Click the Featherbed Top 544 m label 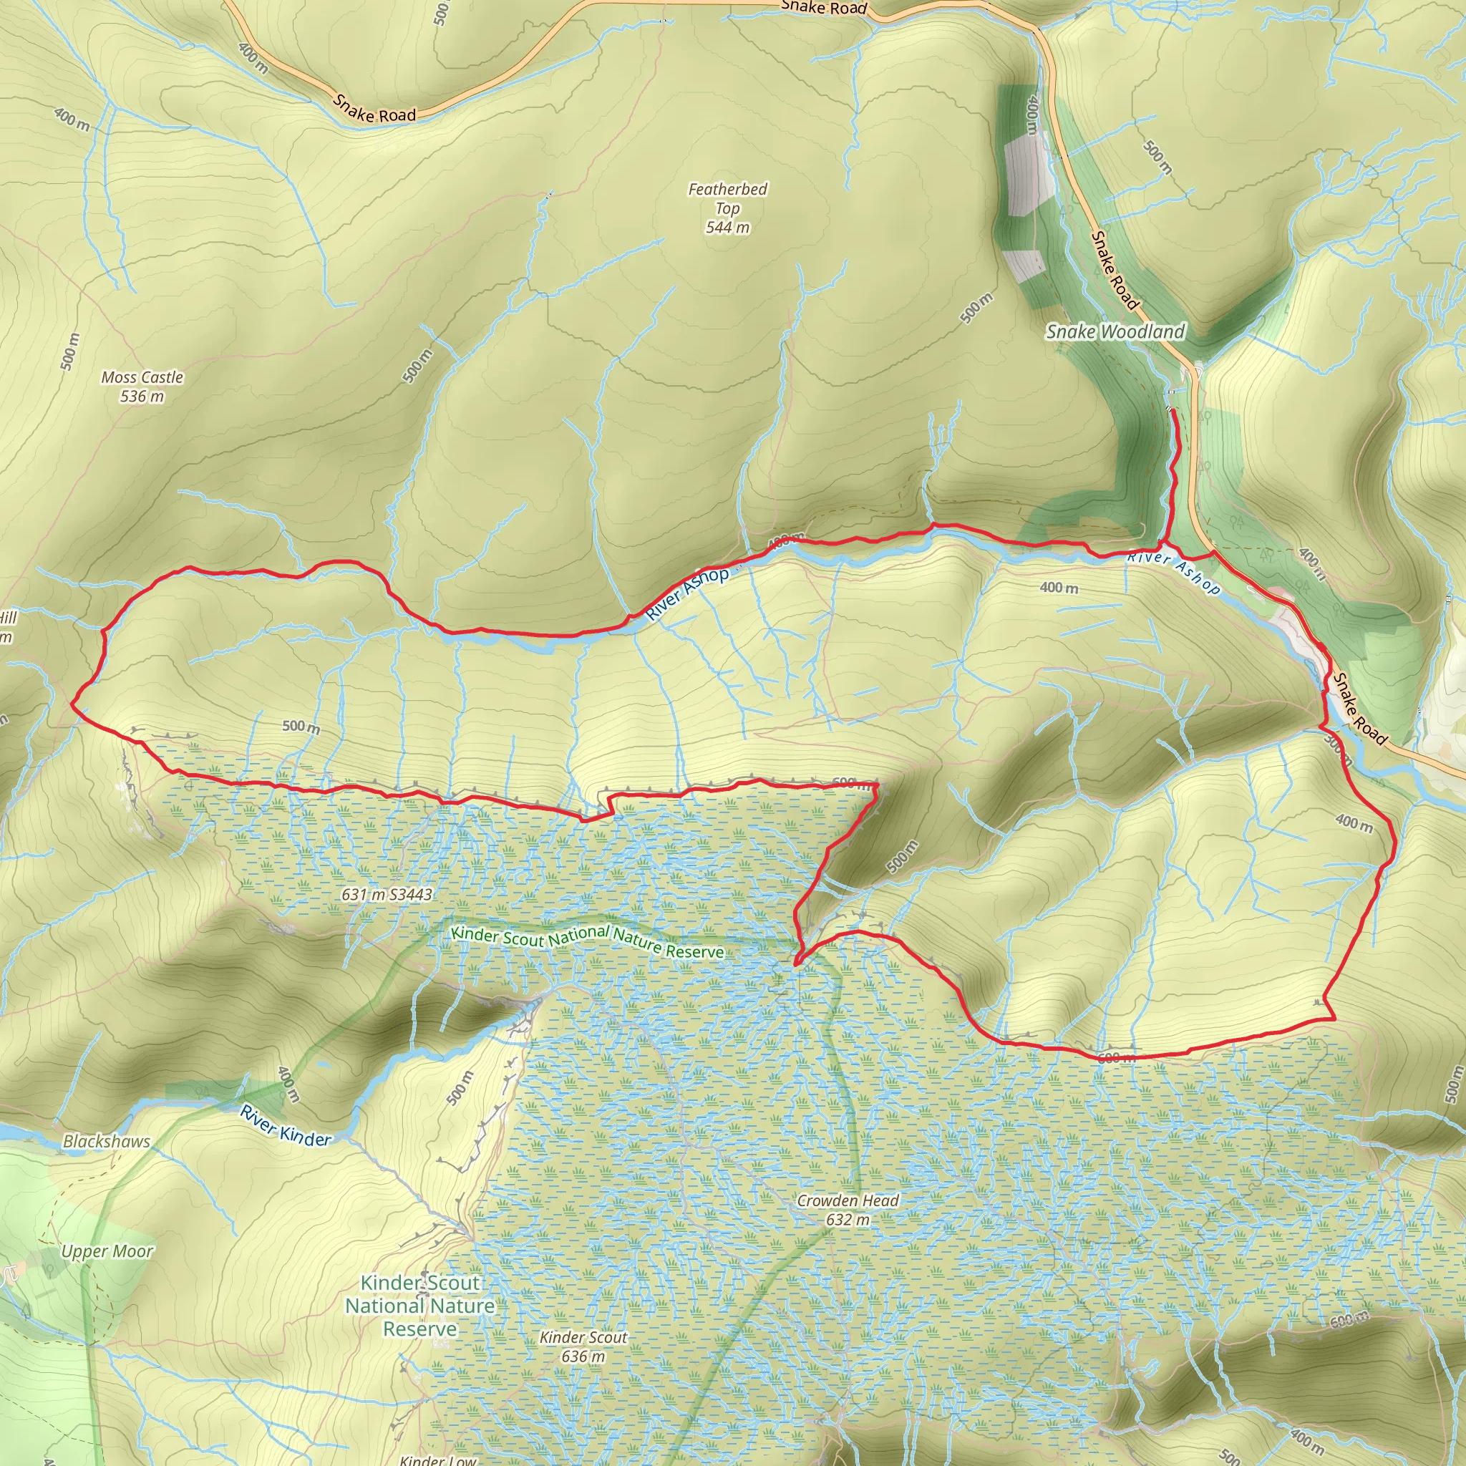pos(727,208)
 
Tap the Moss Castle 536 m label pos(142,387)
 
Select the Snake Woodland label pos(1115,331)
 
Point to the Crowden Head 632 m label pos(848,1210)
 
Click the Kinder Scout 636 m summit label pos(583,1346)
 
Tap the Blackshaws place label pos(106,1141)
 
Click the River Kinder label pos(286,1125)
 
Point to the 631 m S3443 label pos(387,895)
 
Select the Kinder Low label pos(438,1459)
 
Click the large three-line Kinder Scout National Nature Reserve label pos(419,1305)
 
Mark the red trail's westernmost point pos(72,704)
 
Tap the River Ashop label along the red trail pos(686,593)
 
